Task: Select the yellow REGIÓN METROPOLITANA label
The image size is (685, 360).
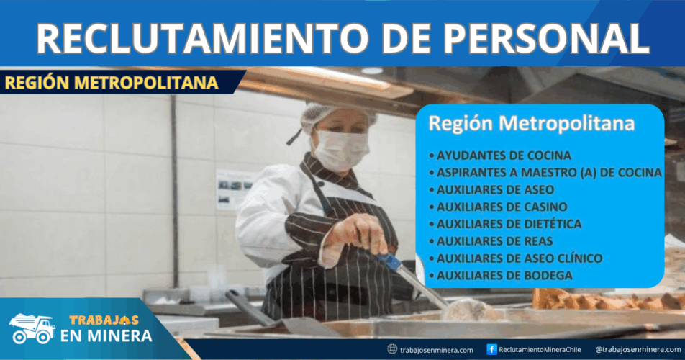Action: (112, 83)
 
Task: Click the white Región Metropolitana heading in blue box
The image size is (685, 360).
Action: (531, 123)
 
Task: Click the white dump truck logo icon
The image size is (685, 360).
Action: (32, 328)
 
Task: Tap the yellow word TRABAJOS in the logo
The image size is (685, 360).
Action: (104, 320)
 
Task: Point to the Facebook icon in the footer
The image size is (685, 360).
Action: (491, 349)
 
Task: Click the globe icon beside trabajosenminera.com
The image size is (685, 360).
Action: (392, 349)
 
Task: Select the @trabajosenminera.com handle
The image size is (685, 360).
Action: (638, 349)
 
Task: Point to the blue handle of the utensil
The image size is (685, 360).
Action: (389, 261)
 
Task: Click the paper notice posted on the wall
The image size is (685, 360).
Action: (234, 190)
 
